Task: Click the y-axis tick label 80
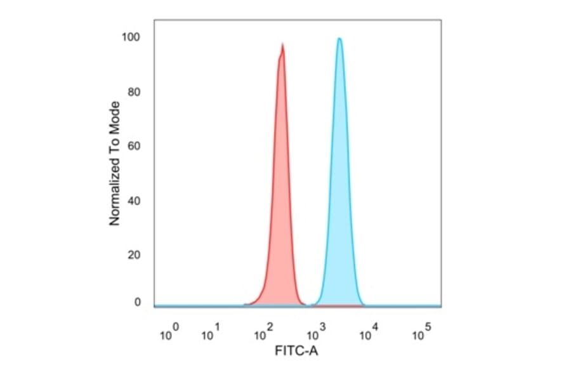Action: (134, 92)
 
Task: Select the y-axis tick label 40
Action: (134, 201)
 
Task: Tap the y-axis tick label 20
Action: (134, 255)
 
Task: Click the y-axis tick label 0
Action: (137, 302)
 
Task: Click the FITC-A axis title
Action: (296, 350)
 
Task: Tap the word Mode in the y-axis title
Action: (115, 116)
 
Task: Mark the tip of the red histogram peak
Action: (282, 44)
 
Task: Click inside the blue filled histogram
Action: (340, 222)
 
